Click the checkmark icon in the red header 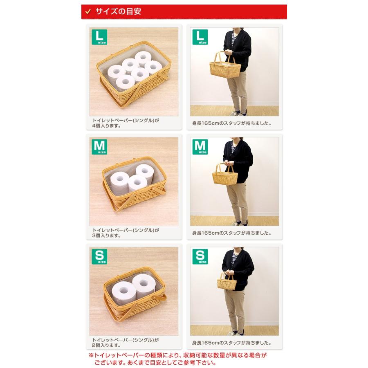[x=87, y=12]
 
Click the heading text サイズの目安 [x=118, y=12]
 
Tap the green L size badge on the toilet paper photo [x=99, y=37]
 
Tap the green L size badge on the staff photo [x=200, y=37]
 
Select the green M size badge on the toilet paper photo [x=99, y=146]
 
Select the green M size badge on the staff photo [x=200, y=146]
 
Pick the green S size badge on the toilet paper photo [x=99, y=256]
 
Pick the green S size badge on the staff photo [x=200, y=256]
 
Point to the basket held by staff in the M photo [x=224, y=177]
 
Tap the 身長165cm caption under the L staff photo [x=232, y=123]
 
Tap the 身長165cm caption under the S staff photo [x=232, y=342]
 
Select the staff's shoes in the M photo [x=239, y=223]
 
